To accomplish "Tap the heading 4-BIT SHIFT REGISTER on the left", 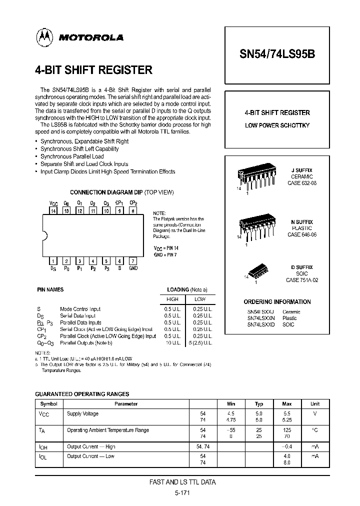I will (x=93, y=70).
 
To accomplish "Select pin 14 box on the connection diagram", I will (x=53, y=211).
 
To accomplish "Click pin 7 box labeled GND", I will (x=132, y=261).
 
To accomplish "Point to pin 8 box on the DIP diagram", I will (x=132, y=211).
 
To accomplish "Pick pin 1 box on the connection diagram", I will (x=53, y=261).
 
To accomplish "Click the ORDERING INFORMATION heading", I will (x=277, y=302).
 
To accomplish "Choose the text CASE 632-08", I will (x=301, y=183).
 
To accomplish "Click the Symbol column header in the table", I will (x=49, y=404).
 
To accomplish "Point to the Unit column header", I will (x=314, y=404).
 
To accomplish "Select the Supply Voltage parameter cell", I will (x=83, y=414).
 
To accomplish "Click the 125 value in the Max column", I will (x=286, y=430).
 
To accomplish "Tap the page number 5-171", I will (x=183, y=493).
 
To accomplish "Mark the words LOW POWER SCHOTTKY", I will (x=277, y=125).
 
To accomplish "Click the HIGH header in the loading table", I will (x=172, y=299).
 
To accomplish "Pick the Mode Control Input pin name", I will (x=80, y=309).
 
